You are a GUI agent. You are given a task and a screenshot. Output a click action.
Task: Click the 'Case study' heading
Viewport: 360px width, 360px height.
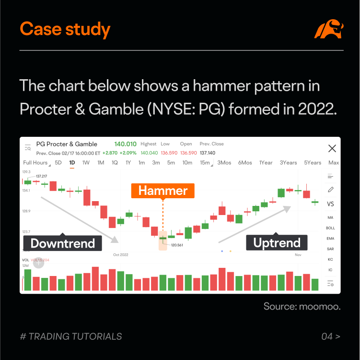(65, 30)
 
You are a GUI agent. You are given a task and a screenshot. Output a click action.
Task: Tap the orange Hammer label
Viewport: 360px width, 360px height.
(163, 191)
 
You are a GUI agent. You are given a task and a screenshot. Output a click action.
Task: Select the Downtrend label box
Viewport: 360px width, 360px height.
(63, 243)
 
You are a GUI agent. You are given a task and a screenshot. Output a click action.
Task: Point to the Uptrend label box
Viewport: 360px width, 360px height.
(277, 242)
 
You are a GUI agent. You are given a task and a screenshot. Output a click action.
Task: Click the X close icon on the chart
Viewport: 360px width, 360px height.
(331, 148)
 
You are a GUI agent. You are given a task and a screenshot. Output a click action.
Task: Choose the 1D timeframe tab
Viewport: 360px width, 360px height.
(72, 163)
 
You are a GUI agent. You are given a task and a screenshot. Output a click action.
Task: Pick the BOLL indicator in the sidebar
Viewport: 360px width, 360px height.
(330, 228)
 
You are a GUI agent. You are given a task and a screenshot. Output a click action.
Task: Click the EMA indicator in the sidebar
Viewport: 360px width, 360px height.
(330, 239)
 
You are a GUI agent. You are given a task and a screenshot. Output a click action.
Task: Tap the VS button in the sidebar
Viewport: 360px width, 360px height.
(330, 204)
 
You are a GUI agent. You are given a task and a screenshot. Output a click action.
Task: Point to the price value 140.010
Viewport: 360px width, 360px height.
(125, 144)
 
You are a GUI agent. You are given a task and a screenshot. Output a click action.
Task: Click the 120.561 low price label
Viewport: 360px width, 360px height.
(177, 245)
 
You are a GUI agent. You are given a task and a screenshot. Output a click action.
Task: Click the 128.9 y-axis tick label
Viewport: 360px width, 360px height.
(26, 211)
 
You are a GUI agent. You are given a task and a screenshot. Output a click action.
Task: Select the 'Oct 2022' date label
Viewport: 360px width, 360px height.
(120, 254)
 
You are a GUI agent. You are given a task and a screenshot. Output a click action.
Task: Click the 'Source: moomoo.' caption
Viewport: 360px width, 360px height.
(302, 306)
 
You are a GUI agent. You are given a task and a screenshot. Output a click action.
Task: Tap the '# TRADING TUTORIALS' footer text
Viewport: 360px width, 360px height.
(71, 336)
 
